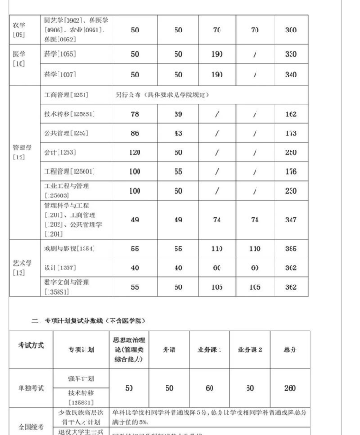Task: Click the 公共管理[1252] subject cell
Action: [63, 133]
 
